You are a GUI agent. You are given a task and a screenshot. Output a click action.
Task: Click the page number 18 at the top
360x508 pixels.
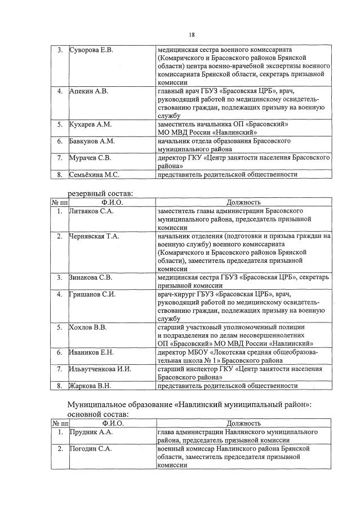pos(191,34)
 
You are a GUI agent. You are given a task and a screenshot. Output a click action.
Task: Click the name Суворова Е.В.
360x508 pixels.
pos(91,50)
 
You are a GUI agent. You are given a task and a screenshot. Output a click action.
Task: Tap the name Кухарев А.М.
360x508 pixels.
pos(90,123)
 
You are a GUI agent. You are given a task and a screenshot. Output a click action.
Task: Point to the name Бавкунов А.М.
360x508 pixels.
pos(92,141)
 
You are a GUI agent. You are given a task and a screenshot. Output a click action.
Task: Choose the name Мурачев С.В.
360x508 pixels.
pos(90,158)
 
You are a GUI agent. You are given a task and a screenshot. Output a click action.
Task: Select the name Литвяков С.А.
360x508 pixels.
pos(91,210)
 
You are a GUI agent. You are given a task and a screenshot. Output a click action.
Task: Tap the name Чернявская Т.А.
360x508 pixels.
pos(94,236)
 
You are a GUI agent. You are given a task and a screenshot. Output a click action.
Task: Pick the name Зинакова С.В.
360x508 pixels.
pos(91,277)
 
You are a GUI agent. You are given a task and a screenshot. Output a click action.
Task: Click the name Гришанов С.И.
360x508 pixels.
pos(92,294)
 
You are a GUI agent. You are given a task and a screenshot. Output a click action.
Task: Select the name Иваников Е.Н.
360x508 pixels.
pos(91,352)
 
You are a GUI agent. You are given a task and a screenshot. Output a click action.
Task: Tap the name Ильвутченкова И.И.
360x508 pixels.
pos(100,369)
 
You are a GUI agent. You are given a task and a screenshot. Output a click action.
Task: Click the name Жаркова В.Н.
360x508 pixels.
pos(90,386)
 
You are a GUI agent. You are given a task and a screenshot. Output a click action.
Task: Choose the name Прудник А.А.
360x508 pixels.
pos(91,432)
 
